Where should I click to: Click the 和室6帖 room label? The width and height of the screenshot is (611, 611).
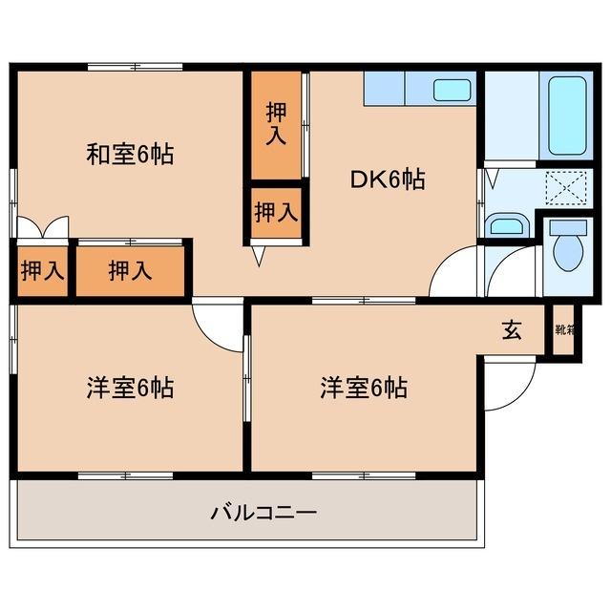[130, 155]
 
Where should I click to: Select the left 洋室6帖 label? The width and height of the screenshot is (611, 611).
[130, 389]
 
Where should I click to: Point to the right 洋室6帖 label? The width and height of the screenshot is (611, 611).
[364, 389]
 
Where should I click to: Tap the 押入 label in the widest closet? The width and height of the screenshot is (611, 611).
[130, 271]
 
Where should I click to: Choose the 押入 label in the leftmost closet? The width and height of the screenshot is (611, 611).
[42, 271]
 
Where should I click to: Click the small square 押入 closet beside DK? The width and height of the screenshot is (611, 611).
[277, 212]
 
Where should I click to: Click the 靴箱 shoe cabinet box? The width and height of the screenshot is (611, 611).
[564, 330]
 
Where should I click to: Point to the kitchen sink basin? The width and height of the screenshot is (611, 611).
[453, 91]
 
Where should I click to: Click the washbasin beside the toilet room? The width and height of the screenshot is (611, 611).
[506, 226]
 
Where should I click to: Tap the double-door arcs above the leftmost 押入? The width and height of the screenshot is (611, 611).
[42, 227]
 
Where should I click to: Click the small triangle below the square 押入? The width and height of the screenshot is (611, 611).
[257, 257]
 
